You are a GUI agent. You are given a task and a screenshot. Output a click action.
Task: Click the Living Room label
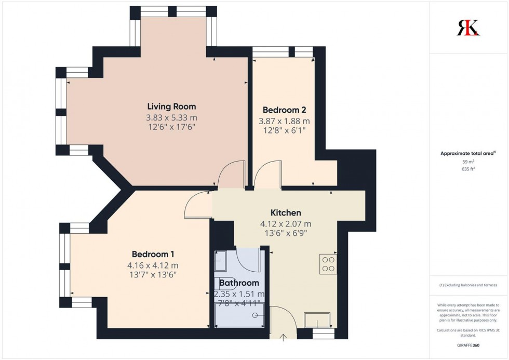pyautogui.click(x=171, y=106)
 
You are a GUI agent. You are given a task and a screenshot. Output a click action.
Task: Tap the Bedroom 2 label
pyautogui.click(x=284, y=110)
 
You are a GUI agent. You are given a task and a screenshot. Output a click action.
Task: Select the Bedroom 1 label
pyautogui.click(x=153, y=254)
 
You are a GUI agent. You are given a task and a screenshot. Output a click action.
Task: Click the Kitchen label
pyautogui.click(x=286, y=212)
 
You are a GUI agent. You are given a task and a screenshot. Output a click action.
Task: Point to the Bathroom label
pyautogui.click(x=239, y=283)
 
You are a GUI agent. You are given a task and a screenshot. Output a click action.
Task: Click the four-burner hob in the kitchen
pyautogui.click(x=328, y=264)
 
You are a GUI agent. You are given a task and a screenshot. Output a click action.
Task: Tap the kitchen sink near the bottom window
pyautogui.click(x=317, y=319)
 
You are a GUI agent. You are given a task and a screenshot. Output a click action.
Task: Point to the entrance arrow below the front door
pyautogui.click(x=284, y=338)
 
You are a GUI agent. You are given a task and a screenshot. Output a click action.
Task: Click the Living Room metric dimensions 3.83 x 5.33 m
pyautogui.click(x=171, y=117)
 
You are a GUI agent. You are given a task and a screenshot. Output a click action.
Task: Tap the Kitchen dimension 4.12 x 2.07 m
pyautogui.click(x=286, y=224)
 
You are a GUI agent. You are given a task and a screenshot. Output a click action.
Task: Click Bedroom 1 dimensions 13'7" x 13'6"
pyautogui.click(x=153, y=275)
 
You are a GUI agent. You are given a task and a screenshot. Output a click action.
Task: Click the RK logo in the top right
pyautogui.click(x=468, y=28)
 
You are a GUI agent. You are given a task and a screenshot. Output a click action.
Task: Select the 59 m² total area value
pyautogui.click(x=469, y=162)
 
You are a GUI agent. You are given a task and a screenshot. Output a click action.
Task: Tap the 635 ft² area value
pyautogui.click(x=469, y=168)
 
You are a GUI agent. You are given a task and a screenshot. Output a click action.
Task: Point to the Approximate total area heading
pyautogui.click(x=469, y=153)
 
